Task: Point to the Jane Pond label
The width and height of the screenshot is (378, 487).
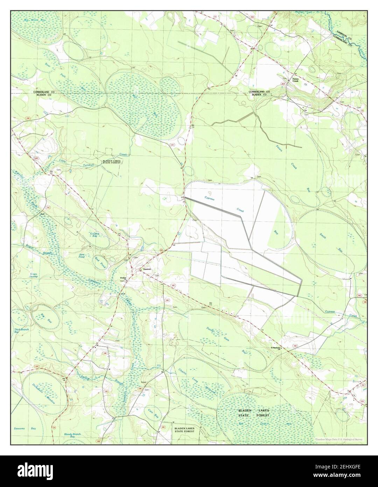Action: tap(82, 256)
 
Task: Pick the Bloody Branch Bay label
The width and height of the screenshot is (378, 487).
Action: tap(72, 435)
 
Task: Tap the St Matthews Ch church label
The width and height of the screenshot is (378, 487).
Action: tap(275, 348)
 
